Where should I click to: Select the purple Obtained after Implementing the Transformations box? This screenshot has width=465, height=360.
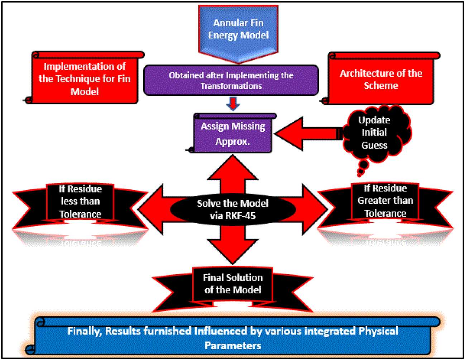click(231, 80)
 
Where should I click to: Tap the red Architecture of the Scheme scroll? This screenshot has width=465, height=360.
click(381, 79)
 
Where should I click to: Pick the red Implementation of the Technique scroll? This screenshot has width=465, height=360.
click(85, 79)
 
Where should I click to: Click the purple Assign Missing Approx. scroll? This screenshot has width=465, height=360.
click(233, 134)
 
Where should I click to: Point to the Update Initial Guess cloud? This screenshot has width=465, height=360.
click(374, 133)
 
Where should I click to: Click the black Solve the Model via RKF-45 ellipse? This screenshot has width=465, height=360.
click(232, 209)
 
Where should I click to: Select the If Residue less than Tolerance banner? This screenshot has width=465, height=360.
click(80, 202)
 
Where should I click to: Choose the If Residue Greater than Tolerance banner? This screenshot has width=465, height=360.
click(385, 201)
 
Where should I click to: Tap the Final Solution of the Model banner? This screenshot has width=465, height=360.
click(232, 284)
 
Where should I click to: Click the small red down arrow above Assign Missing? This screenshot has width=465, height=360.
click(233, 104)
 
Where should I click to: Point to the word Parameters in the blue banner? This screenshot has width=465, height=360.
click(232, 346)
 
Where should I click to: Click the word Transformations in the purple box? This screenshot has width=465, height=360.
click(231, 86)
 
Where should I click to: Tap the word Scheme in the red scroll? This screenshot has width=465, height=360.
click(381, 86)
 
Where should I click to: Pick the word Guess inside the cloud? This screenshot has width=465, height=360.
click(374, 145)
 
